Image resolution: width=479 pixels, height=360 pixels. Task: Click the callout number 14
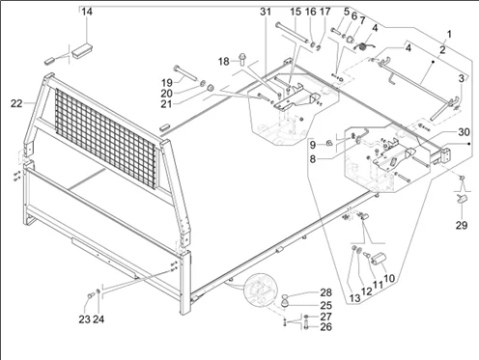click(87, 12)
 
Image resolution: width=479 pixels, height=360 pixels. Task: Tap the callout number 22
click(16, 103)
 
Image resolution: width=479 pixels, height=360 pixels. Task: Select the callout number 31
click(266, 12)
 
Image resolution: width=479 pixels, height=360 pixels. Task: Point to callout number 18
click(224, 61)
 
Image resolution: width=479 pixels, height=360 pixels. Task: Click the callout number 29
click(462, 225)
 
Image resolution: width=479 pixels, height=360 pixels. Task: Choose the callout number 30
click(464, 132)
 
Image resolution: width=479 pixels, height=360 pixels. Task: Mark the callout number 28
click(325, 292)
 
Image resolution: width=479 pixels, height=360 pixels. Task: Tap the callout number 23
click(84, 319)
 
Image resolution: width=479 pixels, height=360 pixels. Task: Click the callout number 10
click(389, 278)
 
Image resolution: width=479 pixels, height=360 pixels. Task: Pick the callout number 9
click(313, 145)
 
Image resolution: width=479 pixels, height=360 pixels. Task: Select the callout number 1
click(449, 34)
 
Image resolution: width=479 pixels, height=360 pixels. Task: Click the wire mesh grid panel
click(105, 138)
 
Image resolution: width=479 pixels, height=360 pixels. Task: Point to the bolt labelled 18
click(242, 59)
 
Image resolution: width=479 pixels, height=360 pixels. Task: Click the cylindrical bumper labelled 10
click(379, 259)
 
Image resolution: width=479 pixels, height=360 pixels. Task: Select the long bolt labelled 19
click(185, 74)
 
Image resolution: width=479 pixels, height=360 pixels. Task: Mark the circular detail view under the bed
click(260, 290)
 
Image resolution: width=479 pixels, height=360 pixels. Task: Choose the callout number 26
click(325, 327)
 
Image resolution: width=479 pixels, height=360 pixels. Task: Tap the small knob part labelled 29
click(461, 198)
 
